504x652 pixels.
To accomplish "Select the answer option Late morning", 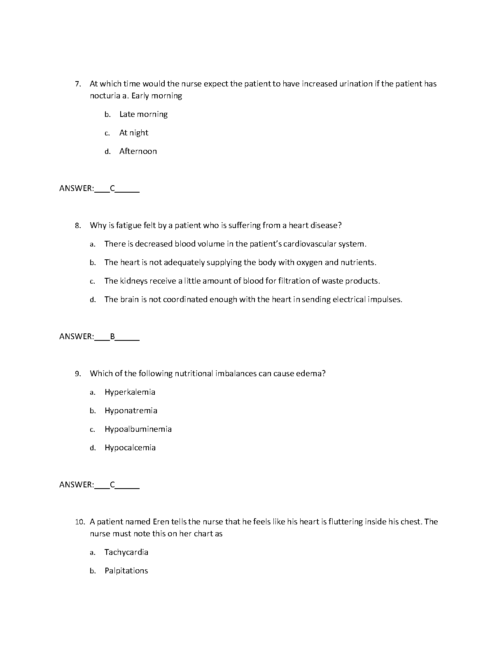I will (143, 114).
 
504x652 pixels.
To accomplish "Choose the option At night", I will (133, 133).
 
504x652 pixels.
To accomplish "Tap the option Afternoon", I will (138, 151).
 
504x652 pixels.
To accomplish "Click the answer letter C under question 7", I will (112, 189).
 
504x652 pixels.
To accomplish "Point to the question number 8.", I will (77, 226).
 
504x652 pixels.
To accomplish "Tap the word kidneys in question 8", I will (133, 281).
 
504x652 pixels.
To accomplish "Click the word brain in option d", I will (129, 300).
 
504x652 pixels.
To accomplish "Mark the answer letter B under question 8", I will (112, 337).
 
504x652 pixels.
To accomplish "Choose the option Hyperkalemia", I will (130, 392).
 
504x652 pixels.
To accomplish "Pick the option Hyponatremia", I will (131, 411).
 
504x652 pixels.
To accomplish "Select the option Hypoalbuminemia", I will (138, 429).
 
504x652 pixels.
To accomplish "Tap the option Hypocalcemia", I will (130, 448).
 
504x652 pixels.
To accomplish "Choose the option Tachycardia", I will (126, 552).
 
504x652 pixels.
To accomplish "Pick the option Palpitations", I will (126, 571).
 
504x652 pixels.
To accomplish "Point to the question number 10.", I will (79, 522).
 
